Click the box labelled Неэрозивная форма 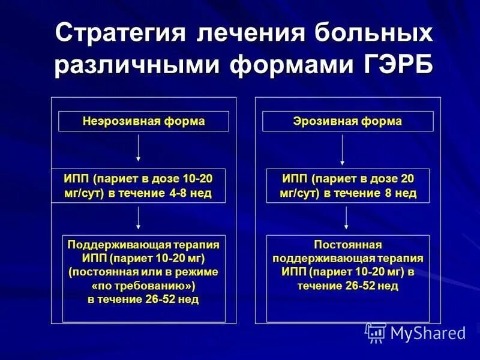coord(143,121)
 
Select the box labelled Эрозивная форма coord(347,121)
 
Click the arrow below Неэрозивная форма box coord(139,148)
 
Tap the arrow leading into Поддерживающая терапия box coord(139,218)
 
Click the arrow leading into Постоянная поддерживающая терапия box coord(346,218)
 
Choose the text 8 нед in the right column coord(398,193)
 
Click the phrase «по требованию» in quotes coord(143,285)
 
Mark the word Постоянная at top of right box coord(348,245)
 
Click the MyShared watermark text coord(428,333)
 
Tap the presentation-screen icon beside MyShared coord(376,332)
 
